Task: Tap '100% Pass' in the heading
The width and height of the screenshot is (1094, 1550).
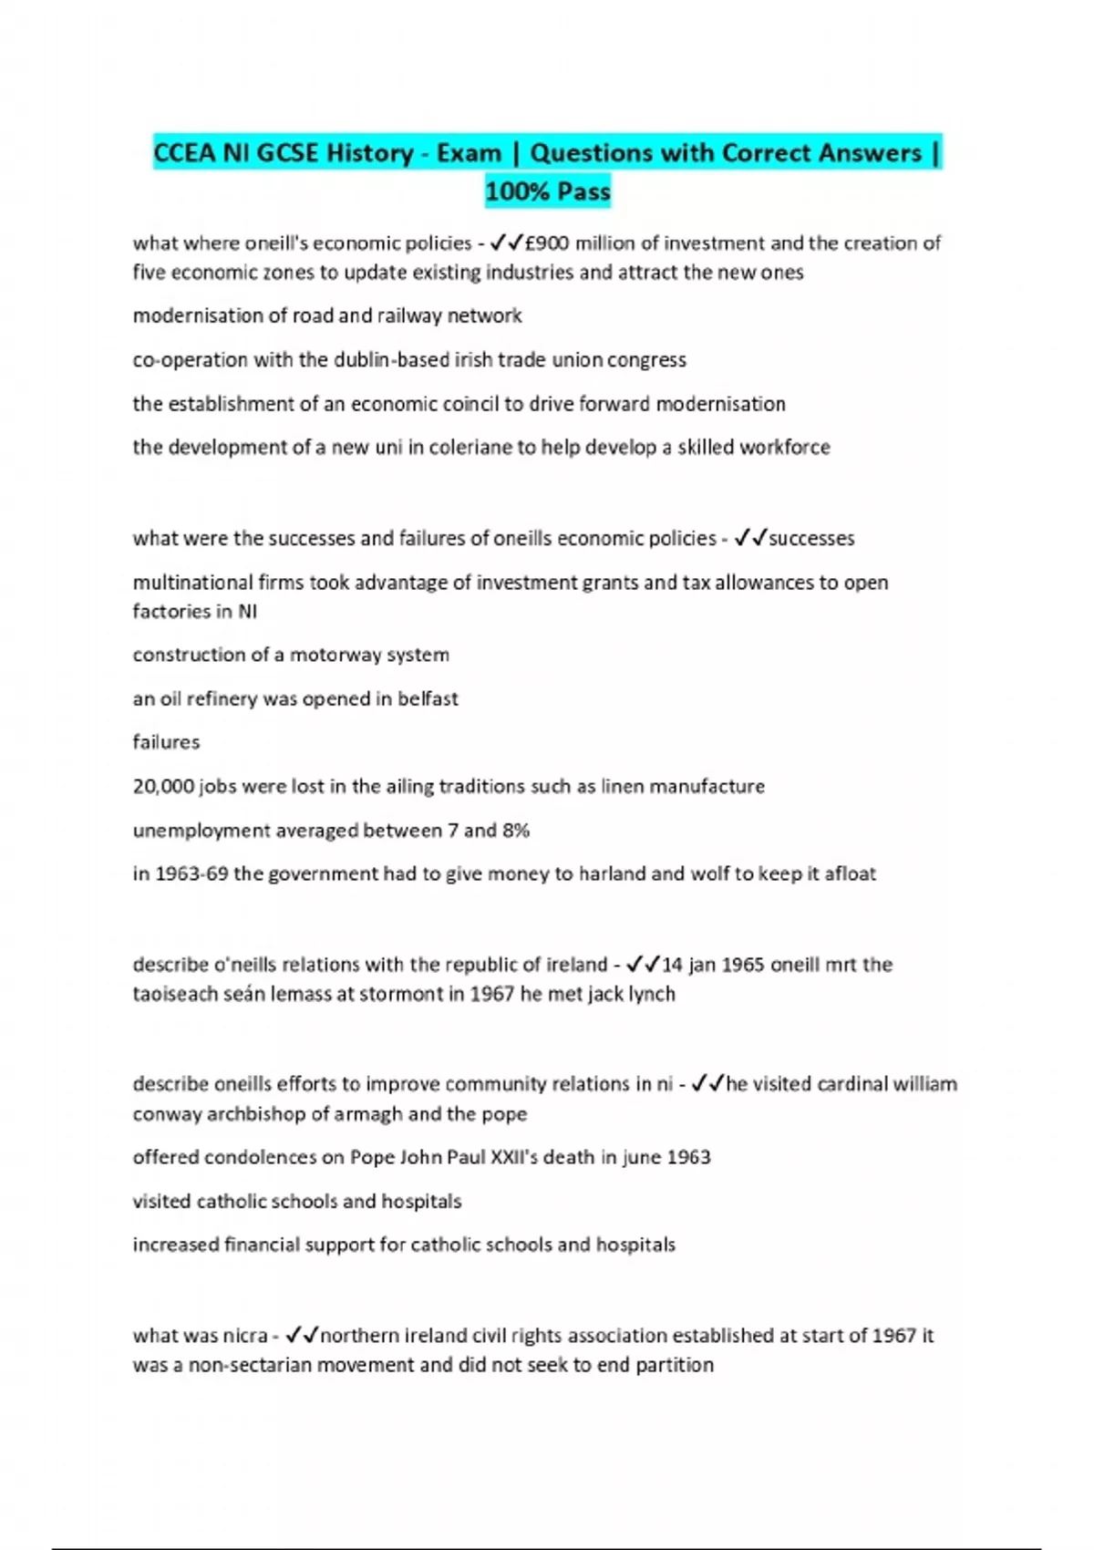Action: point(548,191)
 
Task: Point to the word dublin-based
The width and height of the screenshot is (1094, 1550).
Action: point(390,359)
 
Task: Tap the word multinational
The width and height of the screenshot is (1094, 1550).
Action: point(192,583)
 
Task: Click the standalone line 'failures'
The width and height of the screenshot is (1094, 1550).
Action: point(166,742)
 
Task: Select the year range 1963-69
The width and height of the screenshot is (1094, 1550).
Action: point(191,873)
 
